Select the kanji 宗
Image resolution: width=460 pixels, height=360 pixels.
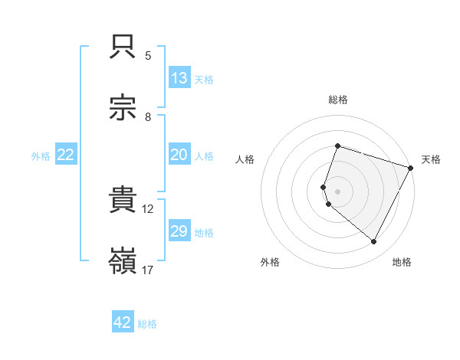pyautogui.click(x=123, y=108)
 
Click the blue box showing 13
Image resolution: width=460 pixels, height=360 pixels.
pyautogui.click(x=179, y=78)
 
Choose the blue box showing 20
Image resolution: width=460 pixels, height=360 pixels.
pyautogui.click(x=179, y=155)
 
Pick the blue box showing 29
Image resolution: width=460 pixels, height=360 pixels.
pyautogui.click(x=179, y=231)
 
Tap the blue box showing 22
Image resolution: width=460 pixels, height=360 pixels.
pyautogui.click(x=66, y=155)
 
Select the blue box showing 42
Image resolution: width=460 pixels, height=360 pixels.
pyautogui.click(x=123, y=322)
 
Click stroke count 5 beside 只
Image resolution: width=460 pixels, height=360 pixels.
pyautogui.click(x=148, y=56)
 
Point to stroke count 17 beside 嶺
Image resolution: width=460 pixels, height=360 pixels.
pyautogui.click(x=148, y=270)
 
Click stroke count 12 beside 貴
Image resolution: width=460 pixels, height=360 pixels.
pyautogui.click(x=148, y=208)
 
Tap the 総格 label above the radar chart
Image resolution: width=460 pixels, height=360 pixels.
pyautogui.click(x=338, y=100)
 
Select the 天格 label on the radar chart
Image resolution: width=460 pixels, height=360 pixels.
pyautogui.click(x=431, y=159)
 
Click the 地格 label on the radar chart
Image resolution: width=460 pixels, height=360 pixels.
pyautogui.click(x=402, y=262)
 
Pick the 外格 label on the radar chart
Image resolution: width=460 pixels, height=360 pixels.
pyautogui.click(x=270, y=262)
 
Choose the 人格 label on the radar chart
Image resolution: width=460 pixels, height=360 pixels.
pyautogui.click(x=245, y=159)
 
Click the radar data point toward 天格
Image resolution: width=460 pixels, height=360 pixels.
pyautogui.click(x=412, y=168)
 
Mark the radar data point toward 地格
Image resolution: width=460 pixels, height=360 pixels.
pyautogui.click(x=374, y=242)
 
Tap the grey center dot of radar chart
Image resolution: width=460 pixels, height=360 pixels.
pyautogui.click(x=338, y=191)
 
